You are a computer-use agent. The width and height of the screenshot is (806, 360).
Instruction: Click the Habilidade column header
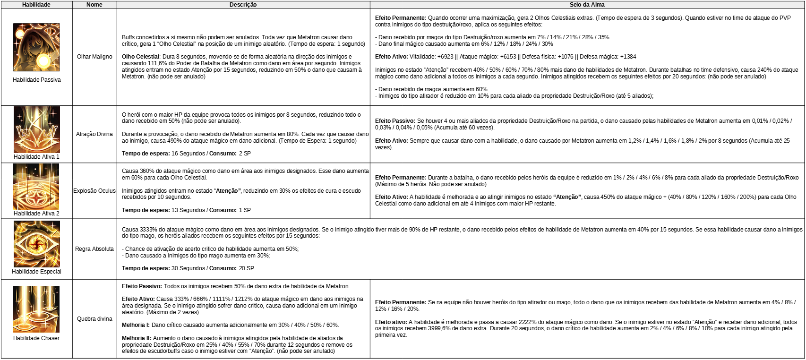click(x=36, y=5)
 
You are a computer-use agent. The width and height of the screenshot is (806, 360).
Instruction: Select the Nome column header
click(x=94, y=5)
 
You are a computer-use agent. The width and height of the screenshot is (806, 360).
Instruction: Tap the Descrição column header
click(x=243, y=5)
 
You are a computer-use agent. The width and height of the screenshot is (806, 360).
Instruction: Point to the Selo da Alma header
click(x=587, y=5)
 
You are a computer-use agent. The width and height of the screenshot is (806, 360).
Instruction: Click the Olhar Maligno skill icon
click(x=36, y=47)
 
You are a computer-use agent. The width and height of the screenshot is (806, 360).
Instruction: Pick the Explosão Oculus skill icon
click(x=36, y=187)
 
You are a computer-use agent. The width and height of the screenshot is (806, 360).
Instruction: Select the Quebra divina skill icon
click(x=36, y=309)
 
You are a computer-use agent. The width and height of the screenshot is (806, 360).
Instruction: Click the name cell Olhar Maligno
click(x=94, y=57)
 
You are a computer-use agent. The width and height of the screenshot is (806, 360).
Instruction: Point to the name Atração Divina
click(x=94, y=134)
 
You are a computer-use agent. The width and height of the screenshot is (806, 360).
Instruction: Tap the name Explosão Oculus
click(x=94, y=191)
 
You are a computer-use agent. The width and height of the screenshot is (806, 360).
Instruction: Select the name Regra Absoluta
click(x=94, y=249)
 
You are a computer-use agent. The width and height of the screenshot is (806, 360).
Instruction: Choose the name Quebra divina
click(x=94, y=319)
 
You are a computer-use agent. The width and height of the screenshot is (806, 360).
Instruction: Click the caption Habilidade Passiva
click(x=36, y=80)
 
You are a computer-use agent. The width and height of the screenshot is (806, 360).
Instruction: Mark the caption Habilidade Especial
click(x=36, y=272)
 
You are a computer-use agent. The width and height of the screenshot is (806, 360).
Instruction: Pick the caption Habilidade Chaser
click(x=36, y=338)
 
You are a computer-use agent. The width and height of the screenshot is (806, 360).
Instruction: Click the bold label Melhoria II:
click(x=136, y=338)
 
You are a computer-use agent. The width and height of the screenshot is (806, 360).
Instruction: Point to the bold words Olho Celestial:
click(x=141, y=57)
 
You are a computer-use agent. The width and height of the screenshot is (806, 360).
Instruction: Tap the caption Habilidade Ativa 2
click(x=36, y=214)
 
